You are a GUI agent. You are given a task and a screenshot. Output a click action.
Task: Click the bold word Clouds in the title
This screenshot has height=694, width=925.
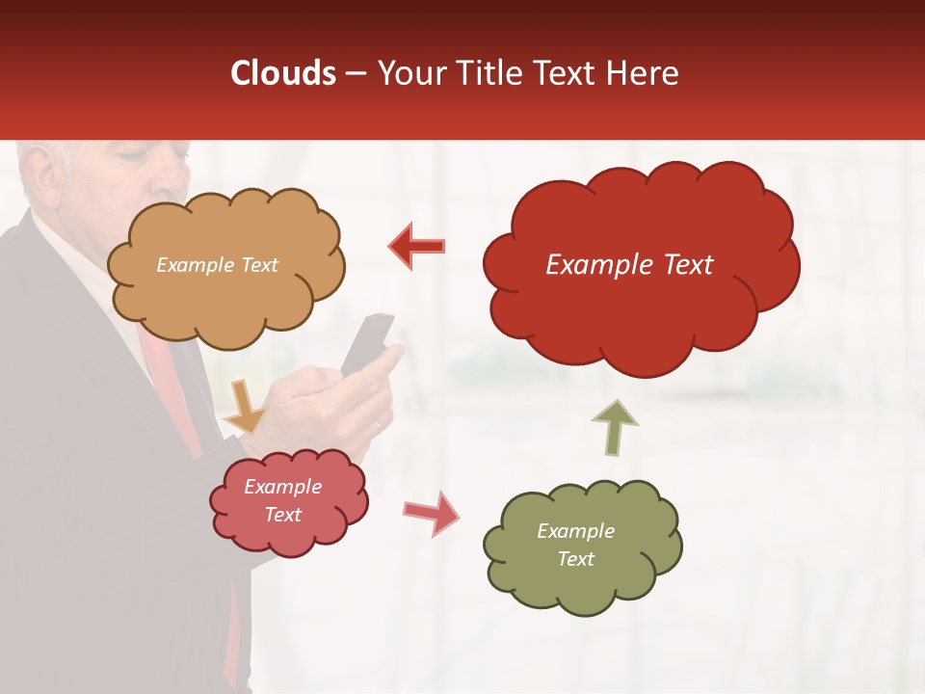(x=284, y=73)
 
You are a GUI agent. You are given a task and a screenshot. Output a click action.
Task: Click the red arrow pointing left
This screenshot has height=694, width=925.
(x=417, y=247)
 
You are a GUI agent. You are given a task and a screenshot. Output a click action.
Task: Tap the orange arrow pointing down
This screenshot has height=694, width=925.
(x=244, y=407)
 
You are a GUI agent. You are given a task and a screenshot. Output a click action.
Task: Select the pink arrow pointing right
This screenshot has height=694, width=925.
(x=431, y=512)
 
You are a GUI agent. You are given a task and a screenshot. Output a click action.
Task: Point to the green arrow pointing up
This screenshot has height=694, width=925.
(x=615, y=427)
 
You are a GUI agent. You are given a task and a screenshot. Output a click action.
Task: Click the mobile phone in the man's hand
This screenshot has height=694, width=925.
(x=367, y=342)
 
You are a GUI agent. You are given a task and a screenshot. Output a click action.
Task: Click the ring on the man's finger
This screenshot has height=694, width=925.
(x=377, y=425)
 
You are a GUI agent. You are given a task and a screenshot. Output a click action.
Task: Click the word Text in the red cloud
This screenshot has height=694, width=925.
(x=678, y=265)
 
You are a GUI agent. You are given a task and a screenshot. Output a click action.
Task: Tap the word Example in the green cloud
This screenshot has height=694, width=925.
(x=575, y=531)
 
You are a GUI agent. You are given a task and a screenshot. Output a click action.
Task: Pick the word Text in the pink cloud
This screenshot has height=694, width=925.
(x=283, y=515)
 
